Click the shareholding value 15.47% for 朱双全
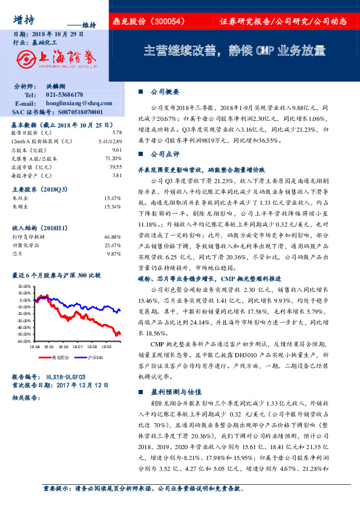click(114, 198)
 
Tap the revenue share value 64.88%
click(114, 236)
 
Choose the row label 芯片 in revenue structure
click(17, 254)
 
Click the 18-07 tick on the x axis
click(77, 347)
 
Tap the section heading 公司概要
click(164, 92)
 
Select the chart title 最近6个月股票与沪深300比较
click(56, 276)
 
